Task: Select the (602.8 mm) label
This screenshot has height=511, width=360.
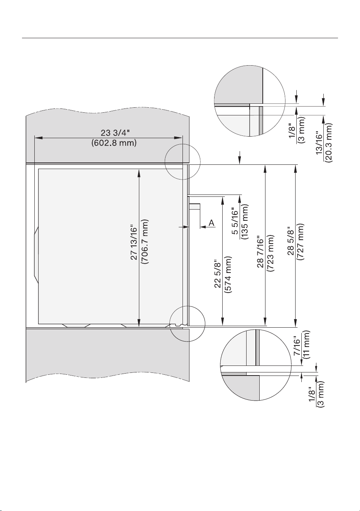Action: pyautogui.click(x=114, y=143)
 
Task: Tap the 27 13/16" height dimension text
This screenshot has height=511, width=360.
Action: pyautogui.click(x=134, y=244)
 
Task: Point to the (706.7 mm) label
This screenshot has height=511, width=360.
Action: pyautogui.click(x=145, y=242)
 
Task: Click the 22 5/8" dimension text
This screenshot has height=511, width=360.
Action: pyautogui.click(x=218, y=275)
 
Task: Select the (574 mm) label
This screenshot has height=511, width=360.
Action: pyautogui.click(x=228, y=275)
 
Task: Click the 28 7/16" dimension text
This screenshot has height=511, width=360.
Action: pyautogui.click(x=260, y=252)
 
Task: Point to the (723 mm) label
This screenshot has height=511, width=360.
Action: pyautogui.click(x=271, y=253)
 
